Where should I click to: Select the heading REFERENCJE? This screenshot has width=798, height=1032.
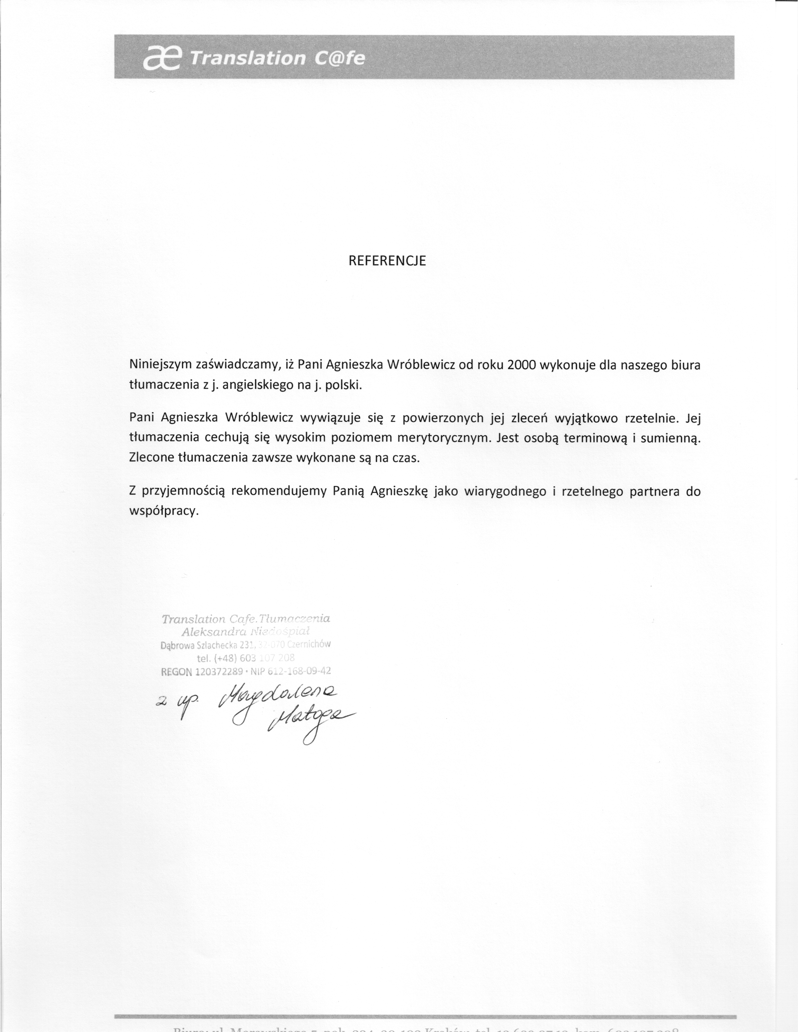coord(387,261)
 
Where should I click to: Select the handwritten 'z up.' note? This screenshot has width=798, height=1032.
coord(175,705)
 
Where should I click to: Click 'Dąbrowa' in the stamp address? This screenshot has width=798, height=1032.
coord(177,645)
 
